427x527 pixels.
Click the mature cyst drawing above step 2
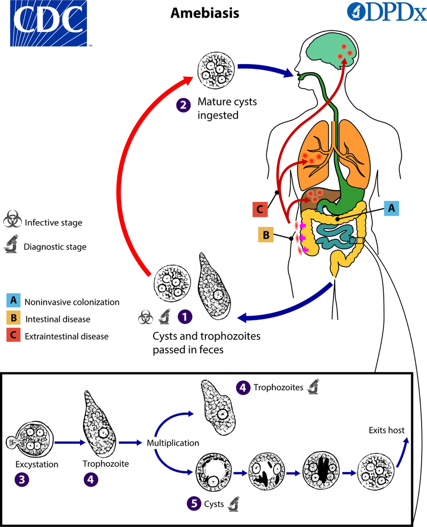click(215, 68)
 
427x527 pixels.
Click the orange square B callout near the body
click(266, 234)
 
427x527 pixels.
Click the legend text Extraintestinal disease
click(67, 336)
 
